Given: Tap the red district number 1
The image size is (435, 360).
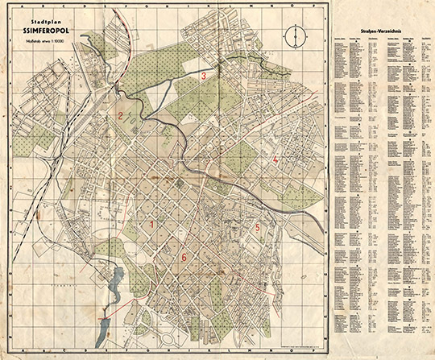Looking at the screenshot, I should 151,224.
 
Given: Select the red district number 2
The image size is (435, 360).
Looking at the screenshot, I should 119,116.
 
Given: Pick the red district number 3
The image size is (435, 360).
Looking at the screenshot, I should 204,77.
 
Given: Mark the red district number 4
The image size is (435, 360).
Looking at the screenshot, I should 275,161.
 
